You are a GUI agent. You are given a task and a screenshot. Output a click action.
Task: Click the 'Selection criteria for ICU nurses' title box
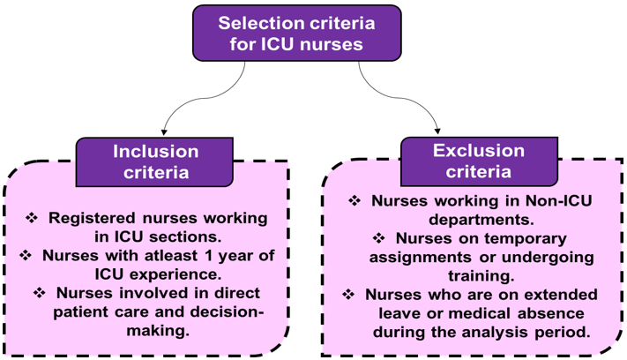coord(296,34)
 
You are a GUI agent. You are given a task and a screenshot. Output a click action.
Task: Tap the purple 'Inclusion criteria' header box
coord(154,162)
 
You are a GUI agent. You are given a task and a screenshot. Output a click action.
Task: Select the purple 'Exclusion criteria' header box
coord(479,161)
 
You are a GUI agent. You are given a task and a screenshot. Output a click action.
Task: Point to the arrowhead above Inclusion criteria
coord(163,132)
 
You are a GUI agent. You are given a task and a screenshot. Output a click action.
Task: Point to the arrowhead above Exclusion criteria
coord(437,131)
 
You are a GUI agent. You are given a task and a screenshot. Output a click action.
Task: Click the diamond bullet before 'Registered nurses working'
coord(32,218)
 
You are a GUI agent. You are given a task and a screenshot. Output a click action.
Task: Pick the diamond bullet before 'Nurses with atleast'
coord(26,255)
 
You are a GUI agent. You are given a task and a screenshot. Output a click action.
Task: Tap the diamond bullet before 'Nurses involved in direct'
coord(40,293)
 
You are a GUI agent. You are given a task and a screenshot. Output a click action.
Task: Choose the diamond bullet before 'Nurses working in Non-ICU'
coord(355,200)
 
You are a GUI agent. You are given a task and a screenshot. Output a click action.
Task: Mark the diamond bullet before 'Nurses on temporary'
coord(378,238)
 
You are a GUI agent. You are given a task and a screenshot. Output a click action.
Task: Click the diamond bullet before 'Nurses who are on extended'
coord(348,295)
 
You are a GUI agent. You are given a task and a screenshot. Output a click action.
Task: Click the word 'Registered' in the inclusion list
coord(93,219)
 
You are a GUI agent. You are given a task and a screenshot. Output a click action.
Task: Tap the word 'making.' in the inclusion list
coord(158,331)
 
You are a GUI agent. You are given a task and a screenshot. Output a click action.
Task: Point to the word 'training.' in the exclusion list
coord(481,276)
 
